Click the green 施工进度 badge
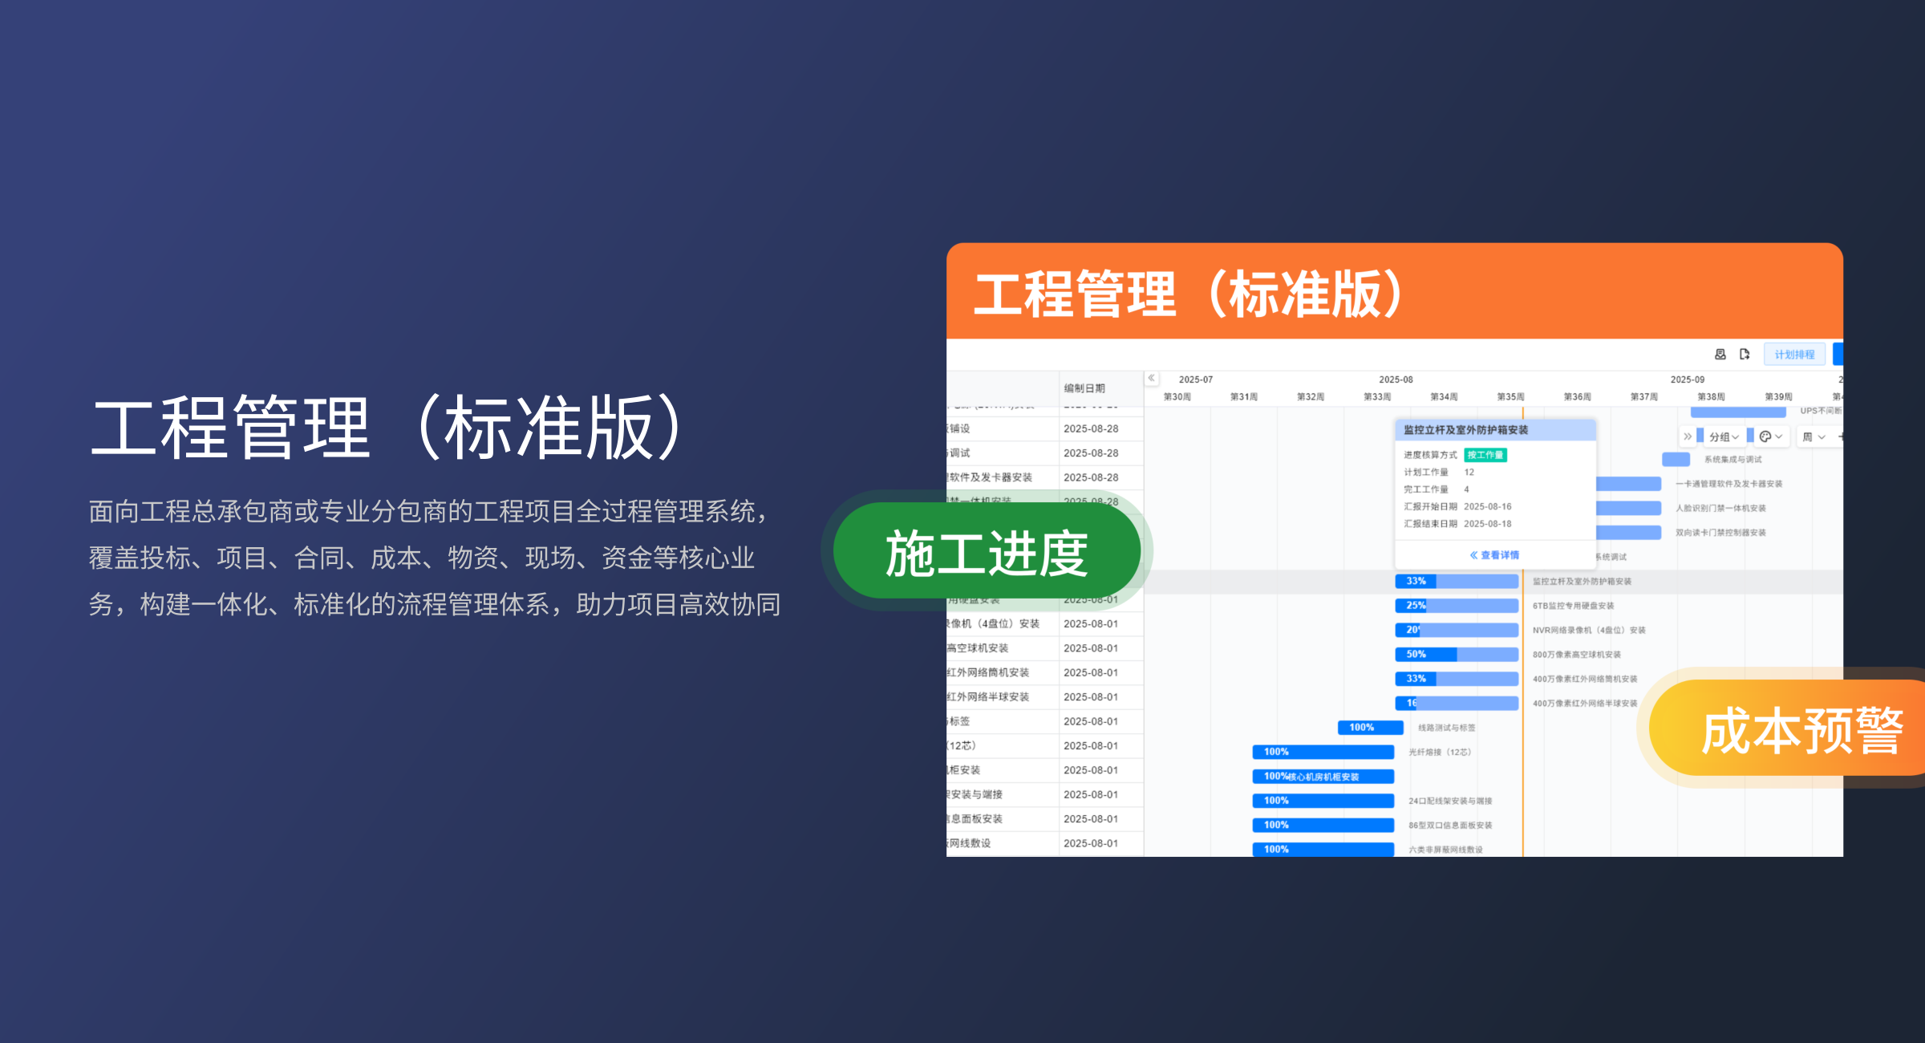point(987,553)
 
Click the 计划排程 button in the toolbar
point(1794,355)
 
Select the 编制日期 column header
point(1084,388)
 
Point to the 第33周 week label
point(1377,397)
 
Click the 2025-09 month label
point(1688,379)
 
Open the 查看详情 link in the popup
point(1494,555)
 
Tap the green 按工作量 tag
point(1485,455)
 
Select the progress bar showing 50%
point(1457,655)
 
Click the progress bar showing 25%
point(1457,606)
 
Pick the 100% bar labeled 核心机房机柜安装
point(1323,777)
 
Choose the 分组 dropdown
point(1723,437)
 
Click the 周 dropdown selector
point(1814,437)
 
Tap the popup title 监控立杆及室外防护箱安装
point(1465,430)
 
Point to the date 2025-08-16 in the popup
point(1488,507)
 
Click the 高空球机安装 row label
point(978,648)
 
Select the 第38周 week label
point(1711,397)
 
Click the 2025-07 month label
point(1196,379)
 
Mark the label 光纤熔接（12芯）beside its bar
point(1440,753)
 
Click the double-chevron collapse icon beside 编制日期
point(1152,378)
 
